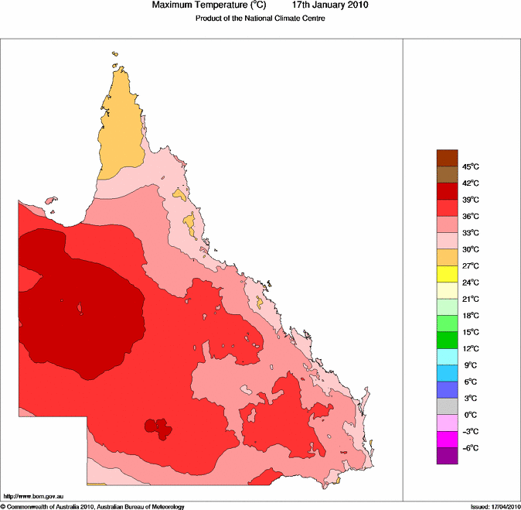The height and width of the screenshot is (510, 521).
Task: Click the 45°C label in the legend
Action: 470,167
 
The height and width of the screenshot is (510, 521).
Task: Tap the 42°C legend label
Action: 470,183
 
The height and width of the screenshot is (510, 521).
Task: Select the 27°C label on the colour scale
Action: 470,266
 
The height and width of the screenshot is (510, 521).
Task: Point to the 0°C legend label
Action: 468,415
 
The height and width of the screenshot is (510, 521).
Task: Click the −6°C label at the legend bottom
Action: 470,448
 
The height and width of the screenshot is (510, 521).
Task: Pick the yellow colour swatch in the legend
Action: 448,274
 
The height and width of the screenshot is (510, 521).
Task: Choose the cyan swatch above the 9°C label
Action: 448,356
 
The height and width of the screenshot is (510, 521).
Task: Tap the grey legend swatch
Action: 448,406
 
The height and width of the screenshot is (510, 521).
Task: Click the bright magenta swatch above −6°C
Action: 448,439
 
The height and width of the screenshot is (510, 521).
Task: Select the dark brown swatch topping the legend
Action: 448,158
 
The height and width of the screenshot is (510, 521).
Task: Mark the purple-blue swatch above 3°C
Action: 448,389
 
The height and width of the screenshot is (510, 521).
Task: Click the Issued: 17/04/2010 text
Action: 495,506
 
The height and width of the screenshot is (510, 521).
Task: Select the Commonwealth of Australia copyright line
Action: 93,506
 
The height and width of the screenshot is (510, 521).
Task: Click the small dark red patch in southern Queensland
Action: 158,427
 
